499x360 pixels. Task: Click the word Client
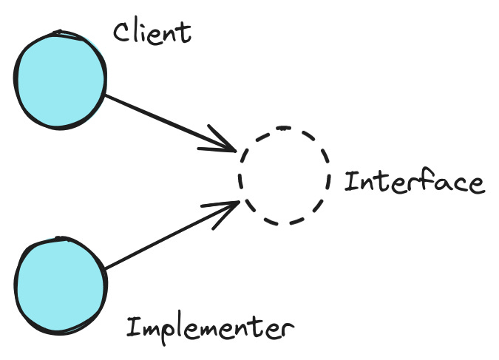point(152,32)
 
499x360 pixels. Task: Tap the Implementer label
point(210,327)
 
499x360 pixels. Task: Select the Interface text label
point(414,181)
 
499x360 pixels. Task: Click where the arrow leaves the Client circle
point(105,94)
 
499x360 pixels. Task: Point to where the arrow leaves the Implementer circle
point(106,268)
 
